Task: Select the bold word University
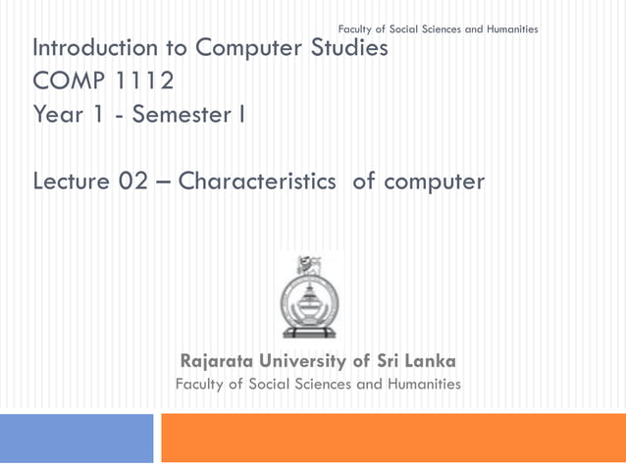pyautogui.click(x=317, y=361)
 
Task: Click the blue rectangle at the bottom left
pyautogui.click(x=77, y=438)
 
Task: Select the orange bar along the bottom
pyautogui.click(x=392, y=438)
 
